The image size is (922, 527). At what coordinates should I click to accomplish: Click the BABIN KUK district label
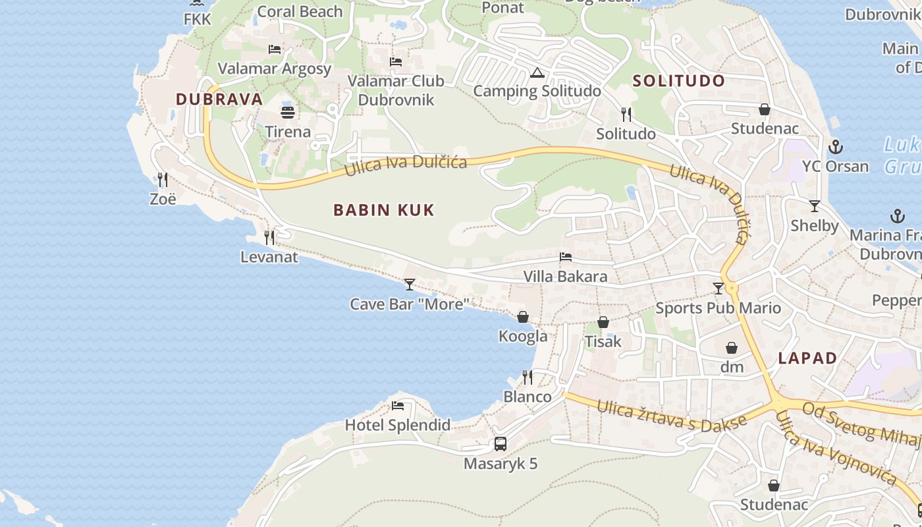tap(384, 210)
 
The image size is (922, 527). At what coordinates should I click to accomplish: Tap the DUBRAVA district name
tap(219, 99)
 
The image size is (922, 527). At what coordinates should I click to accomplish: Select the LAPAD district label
tap(807, 358)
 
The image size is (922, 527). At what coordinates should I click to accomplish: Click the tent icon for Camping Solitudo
tap(537, 72)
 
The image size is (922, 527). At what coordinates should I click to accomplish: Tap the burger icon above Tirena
tap(288, 112)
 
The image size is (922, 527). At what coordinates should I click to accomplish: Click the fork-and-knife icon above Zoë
tap(163, 179)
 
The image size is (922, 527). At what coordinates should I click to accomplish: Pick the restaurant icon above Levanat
tap(269, 237)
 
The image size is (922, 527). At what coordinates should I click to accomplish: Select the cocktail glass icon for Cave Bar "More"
tap(410, 285)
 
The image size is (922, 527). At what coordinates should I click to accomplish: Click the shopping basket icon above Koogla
tap(523, 317)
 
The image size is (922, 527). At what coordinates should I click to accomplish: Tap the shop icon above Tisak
tap(603, 322)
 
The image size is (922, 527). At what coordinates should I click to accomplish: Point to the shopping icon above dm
tap(732, 348)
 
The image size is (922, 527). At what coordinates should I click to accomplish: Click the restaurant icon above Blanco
tap(528, 377)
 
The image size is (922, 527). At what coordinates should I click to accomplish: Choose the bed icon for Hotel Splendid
tap(398, 406)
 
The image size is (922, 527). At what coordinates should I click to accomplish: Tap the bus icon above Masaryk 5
tap(501, 444)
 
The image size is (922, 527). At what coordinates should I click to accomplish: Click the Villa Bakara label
tap(565, 276)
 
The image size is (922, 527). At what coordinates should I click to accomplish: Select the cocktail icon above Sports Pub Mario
tap(719, 289)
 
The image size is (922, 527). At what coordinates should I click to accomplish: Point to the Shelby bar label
tap(815, 226)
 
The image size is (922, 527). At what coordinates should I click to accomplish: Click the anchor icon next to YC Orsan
tap(836, 147)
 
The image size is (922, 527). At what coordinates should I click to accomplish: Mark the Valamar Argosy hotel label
tap(275, 69)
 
